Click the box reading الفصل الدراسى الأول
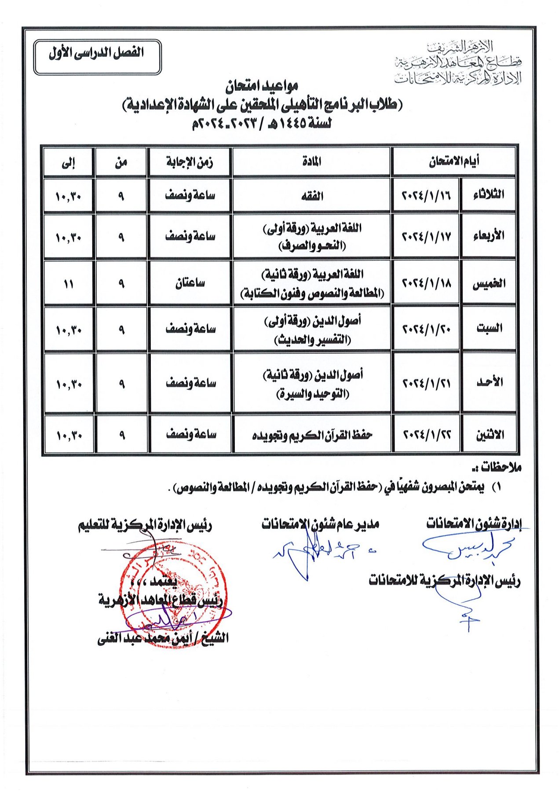(97, 57)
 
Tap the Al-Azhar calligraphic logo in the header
(457, 62)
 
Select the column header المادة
(311, 161)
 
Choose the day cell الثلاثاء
(488, 194)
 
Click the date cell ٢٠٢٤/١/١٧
(426, 236)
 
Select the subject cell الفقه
(311, 195)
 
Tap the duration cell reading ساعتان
(190, 283)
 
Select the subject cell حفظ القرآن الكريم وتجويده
(312, 435)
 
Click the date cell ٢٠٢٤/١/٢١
(427, 383)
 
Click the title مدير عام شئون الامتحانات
(320, 524)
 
